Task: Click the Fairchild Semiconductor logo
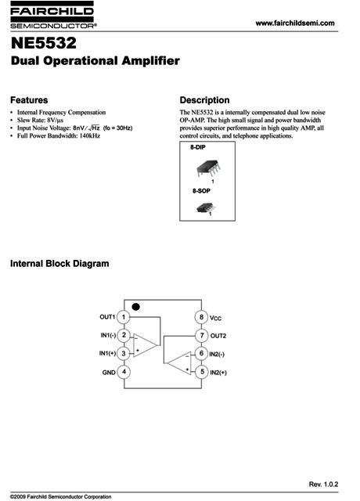pos(52,15)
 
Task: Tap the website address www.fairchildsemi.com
pos(295,23)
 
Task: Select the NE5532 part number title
pos(44,43)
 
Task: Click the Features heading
pos(29,100)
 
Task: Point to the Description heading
pos(204,100)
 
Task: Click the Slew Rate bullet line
pos(40,120)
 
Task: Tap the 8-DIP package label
pos(198,147)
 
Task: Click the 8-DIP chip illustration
pos(209,168)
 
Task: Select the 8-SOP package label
pos(201,191)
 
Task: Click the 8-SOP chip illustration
pos(206,208)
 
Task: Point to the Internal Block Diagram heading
pos(59,264)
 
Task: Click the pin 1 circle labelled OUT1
pos(124,317)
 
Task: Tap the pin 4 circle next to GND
pos(124,372)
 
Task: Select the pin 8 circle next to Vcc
pos(201,317)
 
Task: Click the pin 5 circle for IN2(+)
pos(202,372)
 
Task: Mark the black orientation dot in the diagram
pos(135,307)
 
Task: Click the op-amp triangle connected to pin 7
pos(179,363)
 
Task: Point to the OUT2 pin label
pos(218,336)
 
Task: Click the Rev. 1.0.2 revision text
pos(323,485)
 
